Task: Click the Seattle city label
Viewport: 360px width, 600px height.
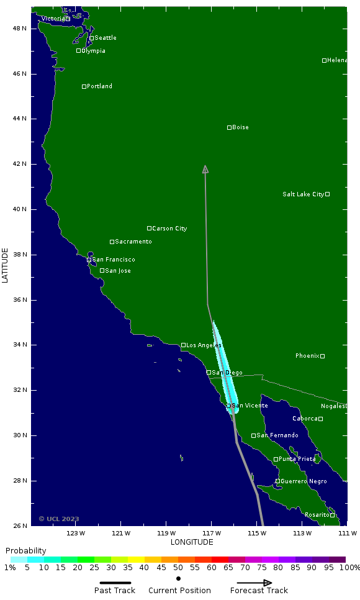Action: click(106, 38)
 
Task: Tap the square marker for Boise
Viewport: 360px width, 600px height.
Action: click(229, 127)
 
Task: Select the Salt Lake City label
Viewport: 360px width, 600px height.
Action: click(303, 194)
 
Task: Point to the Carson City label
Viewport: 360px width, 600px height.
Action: click(169, 229)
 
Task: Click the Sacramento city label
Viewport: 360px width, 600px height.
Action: click(133, 242)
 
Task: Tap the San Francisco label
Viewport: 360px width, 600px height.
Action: click(114, 260)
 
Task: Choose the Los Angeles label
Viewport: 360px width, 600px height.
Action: click(204, 345)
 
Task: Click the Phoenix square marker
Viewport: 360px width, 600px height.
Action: click(322, 356)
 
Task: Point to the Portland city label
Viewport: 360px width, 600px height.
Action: click(99, 86)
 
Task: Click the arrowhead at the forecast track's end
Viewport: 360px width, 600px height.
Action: click(205, 169)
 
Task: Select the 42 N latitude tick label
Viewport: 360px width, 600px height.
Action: click(20, 164)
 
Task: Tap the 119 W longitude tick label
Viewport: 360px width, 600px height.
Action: click(166, 533)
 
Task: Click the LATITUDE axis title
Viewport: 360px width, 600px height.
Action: click(6, 266)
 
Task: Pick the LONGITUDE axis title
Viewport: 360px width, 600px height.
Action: click(192, 542)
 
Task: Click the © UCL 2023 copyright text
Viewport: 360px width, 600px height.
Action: click(59, 519)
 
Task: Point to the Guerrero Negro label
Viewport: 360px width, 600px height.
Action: click(304, 481)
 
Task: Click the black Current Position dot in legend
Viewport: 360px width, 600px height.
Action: click(179, 578)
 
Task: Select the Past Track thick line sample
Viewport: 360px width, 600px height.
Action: click(115, 583)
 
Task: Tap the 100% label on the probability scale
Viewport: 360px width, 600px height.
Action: click(349, 568)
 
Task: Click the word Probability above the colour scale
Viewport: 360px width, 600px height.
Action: click(25, 551)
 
